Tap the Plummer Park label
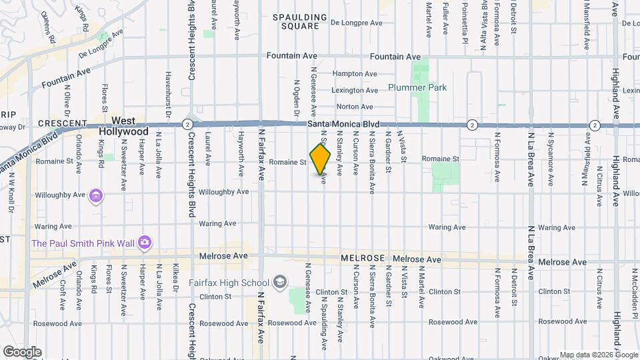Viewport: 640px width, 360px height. click(417, 87)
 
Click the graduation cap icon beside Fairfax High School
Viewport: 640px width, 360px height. click(279, 282)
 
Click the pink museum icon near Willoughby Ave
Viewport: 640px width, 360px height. click(97, 196)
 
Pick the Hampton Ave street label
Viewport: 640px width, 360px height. click(355, 74)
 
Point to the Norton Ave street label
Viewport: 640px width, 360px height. click(355, 107)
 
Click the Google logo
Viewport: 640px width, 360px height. click(21, 351)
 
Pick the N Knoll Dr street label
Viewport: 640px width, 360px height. click(11, 193)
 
